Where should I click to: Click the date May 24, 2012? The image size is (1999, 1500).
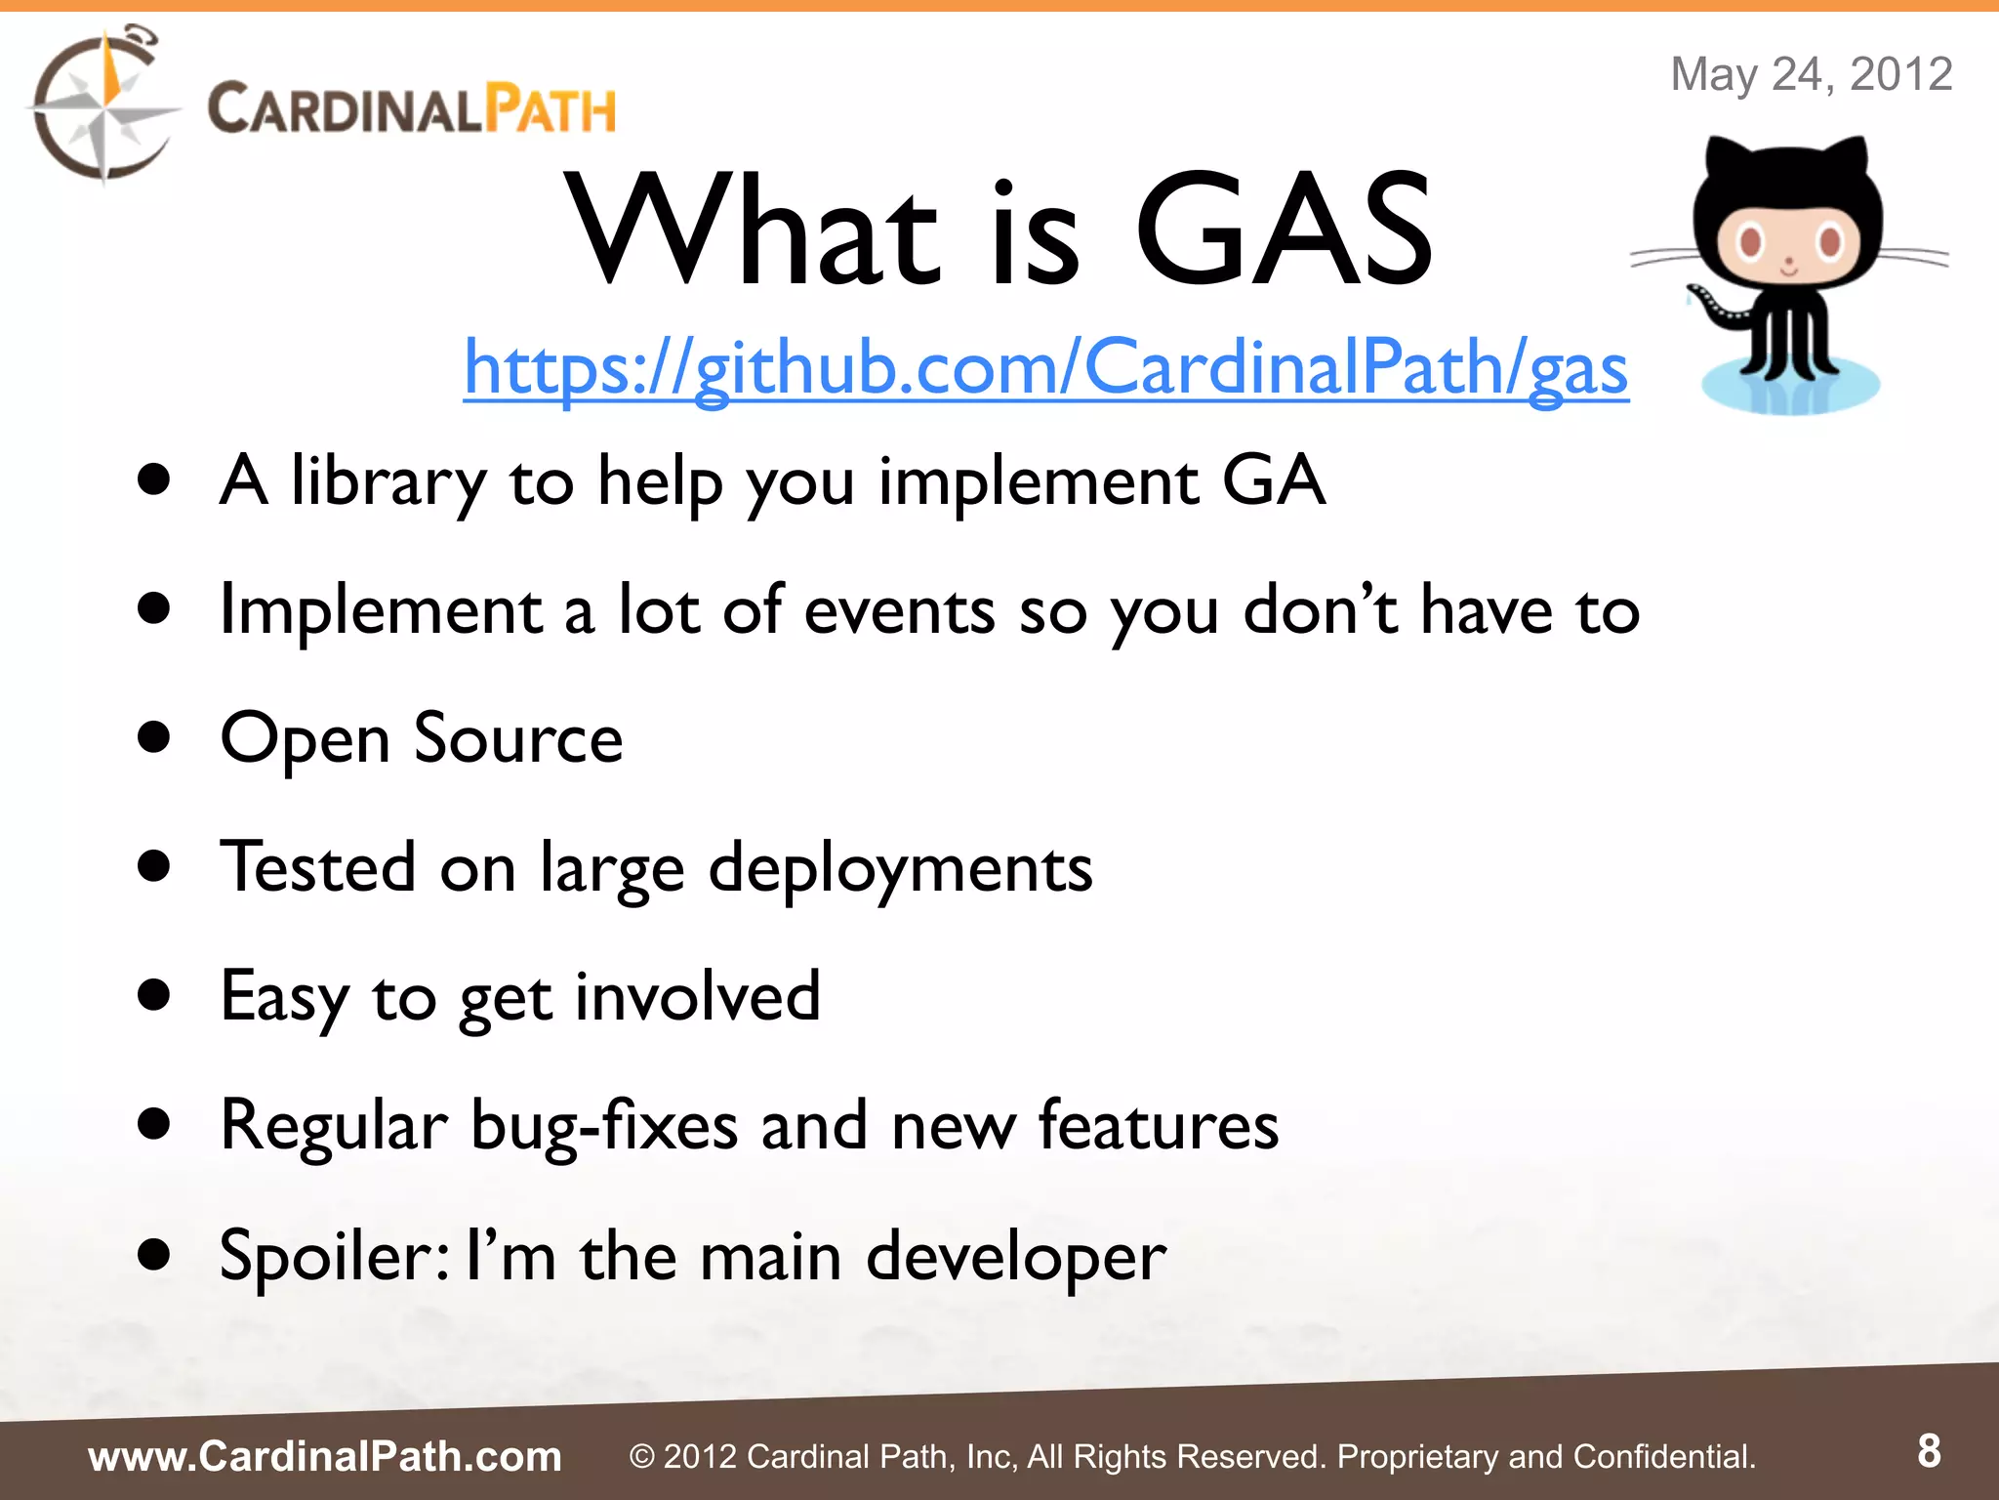pos(1811,74)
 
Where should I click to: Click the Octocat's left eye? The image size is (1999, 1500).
pos(1750,240)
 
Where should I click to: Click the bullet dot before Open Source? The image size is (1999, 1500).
pos(154,738)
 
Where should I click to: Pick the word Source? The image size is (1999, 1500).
pos(518,738)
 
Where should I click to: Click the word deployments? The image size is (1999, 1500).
pos(900,868)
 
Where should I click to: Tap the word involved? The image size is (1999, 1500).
pos(697,997)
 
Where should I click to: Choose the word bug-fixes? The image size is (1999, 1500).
pos(604,1126)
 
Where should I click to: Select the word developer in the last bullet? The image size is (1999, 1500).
pos(1015,1256)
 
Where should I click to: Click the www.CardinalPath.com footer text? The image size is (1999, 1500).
pos(325,1456)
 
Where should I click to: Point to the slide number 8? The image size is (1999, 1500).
pos(1929,1451)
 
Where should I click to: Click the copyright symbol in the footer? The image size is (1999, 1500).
pos(641,1457)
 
